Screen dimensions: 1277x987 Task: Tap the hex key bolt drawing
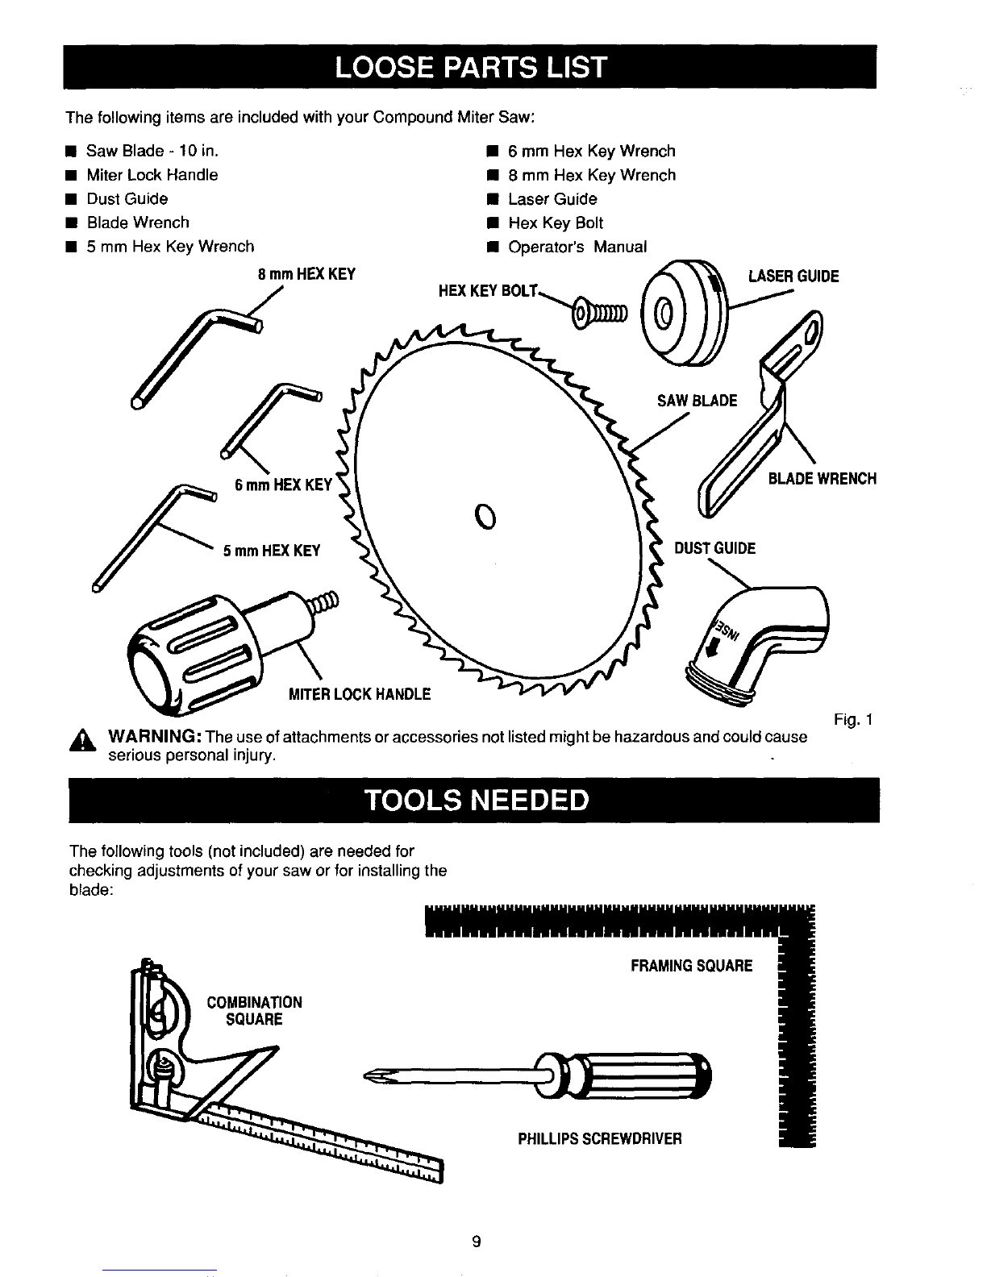click(x=598, y=311)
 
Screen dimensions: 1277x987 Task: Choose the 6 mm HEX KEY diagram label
click(x=283, y=485)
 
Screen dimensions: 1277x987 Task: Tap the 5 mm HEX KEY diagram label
click(x=272, y=551)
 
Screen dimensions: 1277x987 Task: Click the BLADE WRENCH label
click(x=822, y=479)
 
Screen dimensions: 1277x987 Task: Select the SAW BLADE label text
click(x=698, y=401)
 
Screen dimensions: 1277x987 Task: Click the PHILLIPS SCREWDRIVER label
click(x=600, y=1138)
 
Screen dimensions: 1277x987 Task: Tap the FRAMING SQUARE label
click(x=691, y=965)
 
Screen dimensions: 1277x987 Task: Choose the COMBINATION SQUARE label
click(x=254, y=1011)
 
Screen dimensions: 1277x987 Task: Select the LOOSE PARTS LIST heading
click(x=472, y=66)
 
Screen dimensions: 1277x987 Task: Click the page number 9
click(x=477, y=1242)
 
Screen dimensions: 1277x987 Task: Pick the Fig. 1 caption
click(x=856, y=719)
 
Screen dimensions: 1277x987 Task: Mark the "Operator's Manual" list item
click(x=577, y=247)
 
